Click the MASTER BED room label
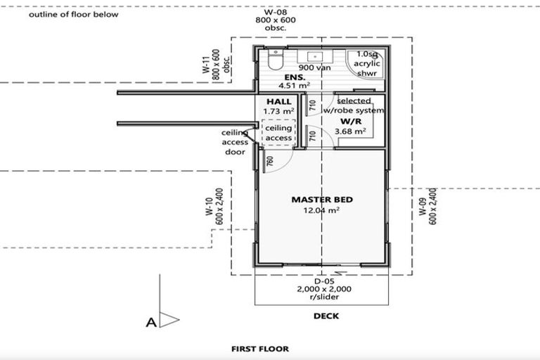coord(322,200)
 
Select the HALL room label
coord(278,102)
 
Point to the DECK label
coord(326,316)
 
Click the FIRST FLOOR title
coord(260,349)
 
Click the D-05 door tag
coord(323,280)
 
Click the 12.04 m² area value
coord(322,210)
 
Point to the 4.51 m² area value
coord(295,87)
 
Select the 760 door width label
coord(270,162)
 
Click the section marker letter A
coord(150,323)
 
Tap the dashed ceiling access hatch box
coord(278,133)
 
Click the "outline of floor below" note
coord(74,14)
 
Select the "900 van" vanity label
coord(314,68)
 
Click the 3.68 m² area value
coord(349,131)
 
